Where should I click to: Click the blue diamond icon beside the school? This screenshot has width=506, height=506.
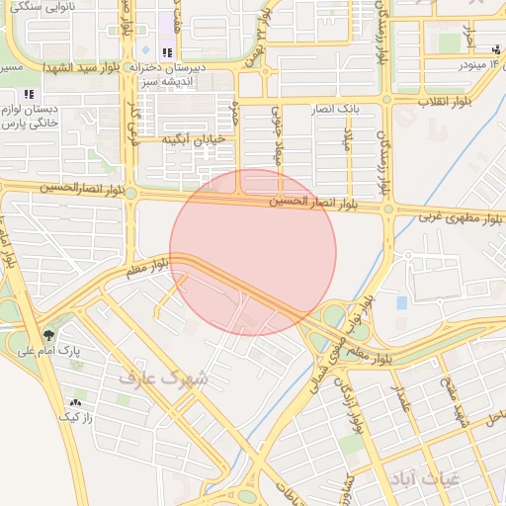coord(146,49)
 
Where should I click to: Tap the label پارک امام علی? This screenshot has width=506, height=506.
coord(82,351)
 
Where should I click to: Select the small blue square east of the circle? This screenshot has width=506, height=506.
coord(401,302)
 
